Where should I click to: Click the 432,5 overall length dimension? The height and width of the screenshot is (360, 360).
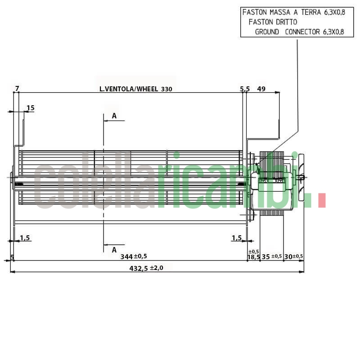(146, 268)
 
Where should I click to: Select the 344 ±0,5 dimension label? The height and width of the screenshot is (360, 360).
(134, 256)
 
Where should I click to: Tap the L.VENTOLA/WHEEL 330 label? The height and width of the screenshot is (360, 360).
(136, 89)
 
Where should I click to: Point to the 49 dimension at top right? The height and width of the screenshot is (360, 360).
(261, 89)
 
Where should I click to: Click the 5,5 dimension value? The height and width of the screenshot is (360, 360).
(245, 89)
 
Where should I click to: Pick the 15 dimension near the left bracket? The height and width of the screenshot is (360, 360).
(31, 108)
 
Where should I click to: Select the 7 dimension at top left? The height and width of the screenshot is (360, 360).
(17, 88)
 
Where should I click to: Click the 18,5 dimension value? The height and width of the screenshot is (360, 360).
(253, 257)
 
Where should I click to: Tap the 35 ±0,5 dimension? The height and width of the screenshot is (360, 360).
(272, 256)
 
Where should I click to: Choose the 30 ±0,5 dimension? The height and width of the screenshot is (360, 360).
(293, 256)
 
